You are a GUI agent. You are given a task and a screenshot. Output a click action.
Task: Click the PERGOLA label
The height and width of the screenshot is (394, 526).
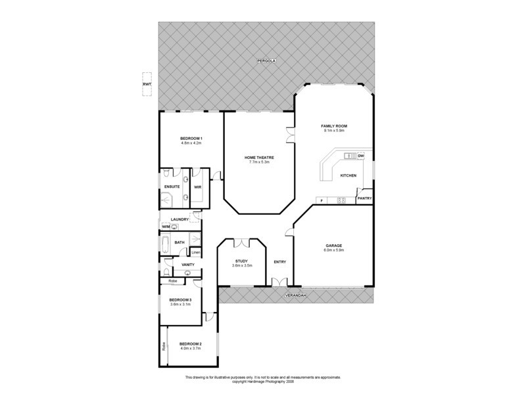tap(266, 60)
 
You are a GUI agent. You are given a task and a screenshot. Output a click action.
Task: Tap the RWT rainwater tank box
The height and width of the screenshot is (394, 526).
tap(146, 85)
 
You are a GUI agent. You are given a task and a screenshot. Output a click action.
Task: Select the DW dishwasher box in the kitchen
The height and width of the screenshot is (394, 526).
tap(360, 156)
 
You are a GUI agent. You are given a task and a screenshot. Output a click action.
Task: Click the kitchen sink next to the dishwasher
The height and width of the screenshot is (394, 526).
tap(348, 156)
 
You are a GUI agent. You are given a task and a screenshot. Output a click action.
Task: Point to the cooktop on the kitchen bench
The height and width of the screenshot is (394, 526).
tap(341, 200)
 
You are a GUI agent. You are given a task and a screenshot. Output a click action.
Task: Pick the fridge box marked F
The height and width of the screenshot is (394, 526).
tap(322, 200)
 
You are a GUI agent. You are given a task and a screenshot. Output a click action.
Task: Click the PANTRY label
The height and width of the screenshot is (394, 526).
tap(364, 198)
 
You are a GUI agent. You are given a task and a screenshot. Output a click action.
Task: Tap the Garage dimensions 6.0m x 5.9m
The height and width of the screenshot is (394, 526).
tap(333, 250)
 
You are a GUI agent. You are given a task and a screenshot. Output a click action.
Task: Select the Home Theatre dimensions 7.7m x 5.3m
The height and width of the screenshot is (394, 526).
tap(259, 162)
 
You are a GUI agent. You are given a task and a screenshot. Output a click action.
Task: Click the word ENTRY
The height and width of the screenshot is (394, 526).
tap(279, 262)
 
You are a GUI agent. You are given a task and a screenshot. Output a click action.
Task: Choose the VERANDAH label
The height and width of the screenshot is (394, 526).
tap(295, 296)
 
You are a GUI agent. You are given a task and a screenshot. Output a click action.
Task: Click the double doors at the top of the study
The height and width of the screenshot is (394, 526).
tap(241, 243)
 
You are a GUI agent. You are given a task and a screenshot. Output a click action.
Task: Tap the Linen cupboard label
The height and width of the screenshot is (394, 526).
tap(196, 252)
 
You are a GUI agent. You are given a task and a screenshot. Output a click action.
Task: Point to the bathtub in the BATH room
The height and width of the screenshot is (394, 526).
tap(165, 247)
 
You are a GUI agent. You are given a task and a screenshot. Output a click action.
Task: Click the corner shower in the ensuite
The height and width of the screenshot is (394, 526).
tap(167, 174)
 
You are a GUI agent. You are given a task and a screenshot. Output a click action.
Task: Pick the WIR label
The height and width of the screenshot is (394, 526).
tap(197, 187)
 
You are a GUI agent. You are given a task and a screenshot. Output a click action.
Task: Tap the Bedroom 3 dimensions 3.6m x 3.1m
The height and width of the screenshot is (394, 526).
tap(180, 304)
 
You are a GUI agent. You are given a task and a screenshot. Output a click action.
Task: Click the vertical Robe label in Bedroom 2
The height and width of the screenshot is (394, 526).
tap(163, 345)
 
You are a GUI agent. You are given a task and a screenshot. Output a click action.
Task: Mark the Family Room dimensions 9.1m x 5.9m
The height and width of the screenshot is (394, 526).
tap(334, 130)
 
